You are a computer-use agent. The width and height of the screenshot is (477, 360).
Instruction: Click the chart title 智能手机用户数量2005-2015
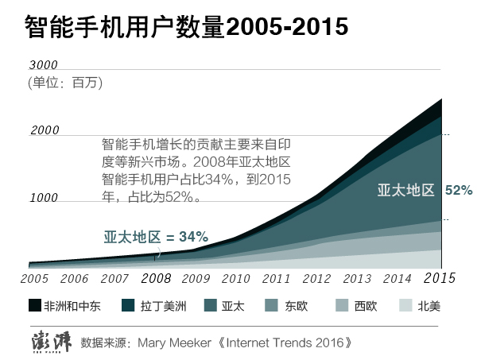[188, 28]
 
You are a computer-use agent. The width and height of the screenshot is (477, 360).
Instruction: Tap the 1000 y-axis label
[45, 197]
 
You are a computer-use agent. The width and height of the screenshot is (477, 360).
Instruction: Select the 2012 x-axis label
[316, 279]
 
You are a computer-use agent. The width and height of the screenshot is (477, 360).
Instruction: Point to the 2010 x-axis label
[235, 279]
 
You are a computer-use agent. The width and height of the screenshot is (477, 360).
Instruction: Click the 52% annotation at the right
[459, 191]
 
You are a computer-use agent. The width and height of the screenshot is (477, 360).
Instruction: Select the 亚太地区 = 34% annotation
[156, 237]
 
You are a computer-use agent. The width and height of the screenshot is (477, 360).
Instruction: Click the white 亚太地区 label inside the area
[405, 191]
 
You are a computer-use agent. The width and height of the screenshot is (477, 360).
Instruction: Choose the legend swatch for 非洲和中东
[34, 306]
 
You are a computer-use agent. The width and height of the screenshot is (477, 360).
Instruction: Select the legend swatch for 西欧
[343, 306]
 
